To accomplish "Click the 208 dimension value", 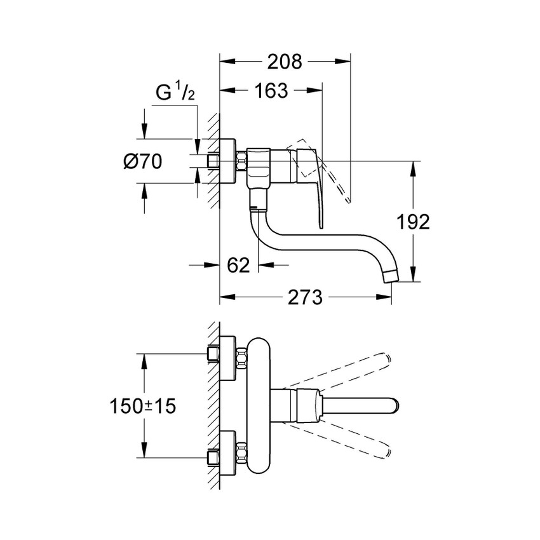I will (x=284, y=62).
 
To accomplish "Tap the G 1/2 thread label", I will (x=175, y=93).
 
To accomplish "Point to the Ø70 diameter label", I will (x=142, y=161).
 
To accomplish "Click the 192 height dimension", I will (x=414, y=222).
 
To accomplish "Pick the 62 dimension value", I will (x=238, y=264).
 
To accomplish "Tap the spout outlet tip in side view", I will (x=392, y=274).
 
